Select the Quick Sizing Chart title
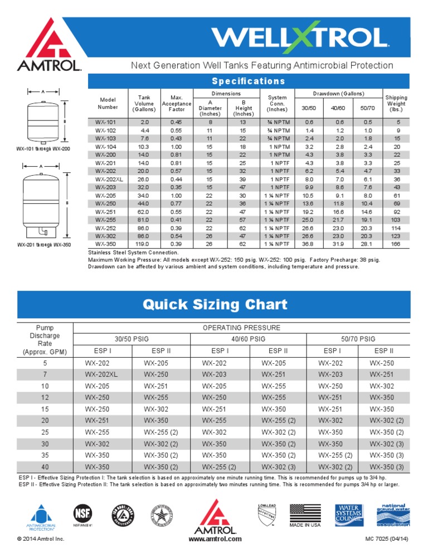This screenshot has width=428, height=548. [215, 304]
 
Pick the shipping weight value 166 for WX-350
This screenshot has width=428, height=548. [396, 244]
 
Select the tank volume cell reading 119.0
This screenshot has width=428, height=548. [144, 244]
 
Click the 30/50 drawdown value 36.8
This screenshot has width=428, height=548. [309, 244]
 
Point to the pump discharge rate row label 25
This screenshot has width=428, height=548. [45, 432]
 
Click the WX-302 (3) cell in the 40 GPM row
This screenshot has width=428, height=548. [278, 467]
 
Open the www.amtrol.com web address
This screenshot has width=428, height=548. [215, 539]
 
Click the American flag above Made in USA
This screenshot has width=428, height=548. [305, 512]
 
